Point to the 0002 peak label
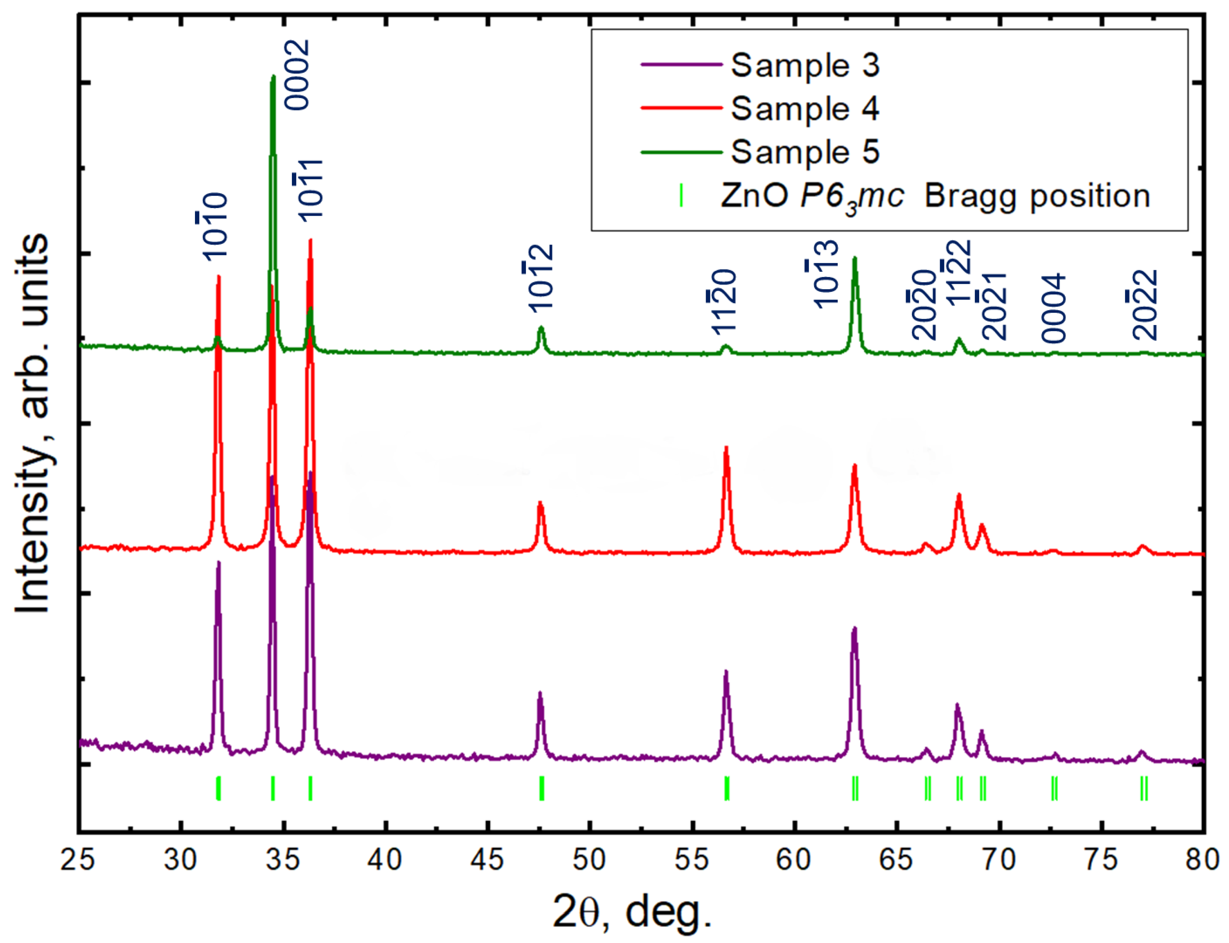pos(296,75)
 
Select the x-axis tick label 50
pos(590,859)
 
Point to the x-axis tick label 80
pos(1203,859)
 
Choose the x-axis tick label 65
pos(897,859)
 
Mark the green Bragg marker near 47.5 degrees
pos(542,788)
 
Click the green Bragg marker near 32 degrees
pos(218,788)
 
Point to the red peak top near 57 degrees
pos(726,448)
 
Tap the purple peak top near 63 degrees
pos(854,628)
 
